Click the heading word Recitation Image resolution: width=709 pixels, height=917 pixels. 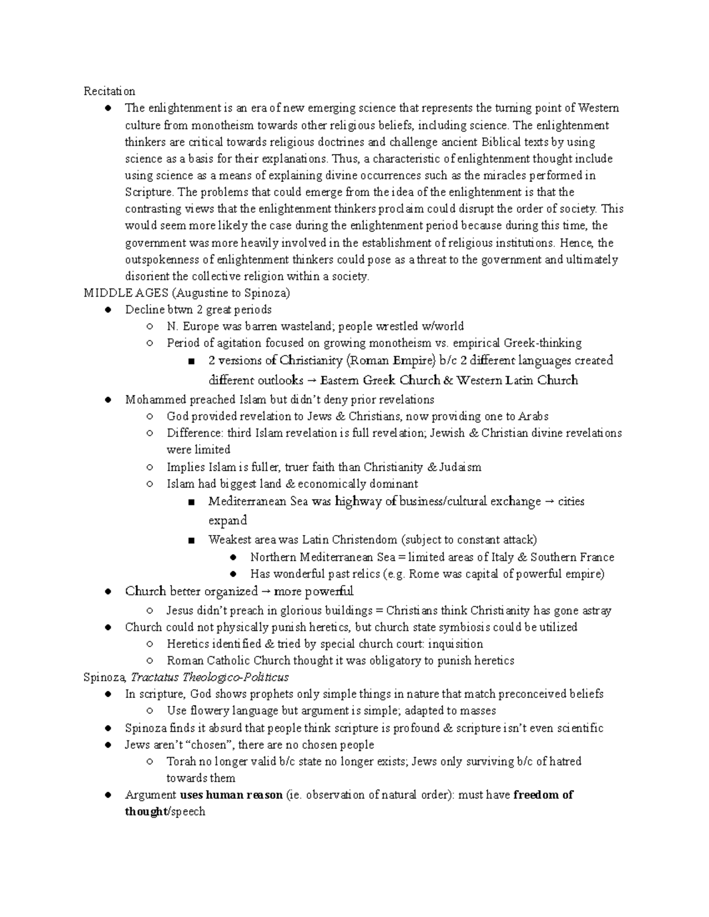point(109,91)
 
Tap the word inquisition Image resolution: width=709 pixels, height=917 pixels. point(456,644)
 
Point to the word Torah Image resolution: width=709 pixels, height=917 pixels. point(181,761)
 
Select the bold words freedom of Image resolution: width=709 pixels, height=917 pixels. point(543,795)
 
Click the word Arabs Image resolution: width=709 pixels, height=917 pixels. point(534,416)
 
